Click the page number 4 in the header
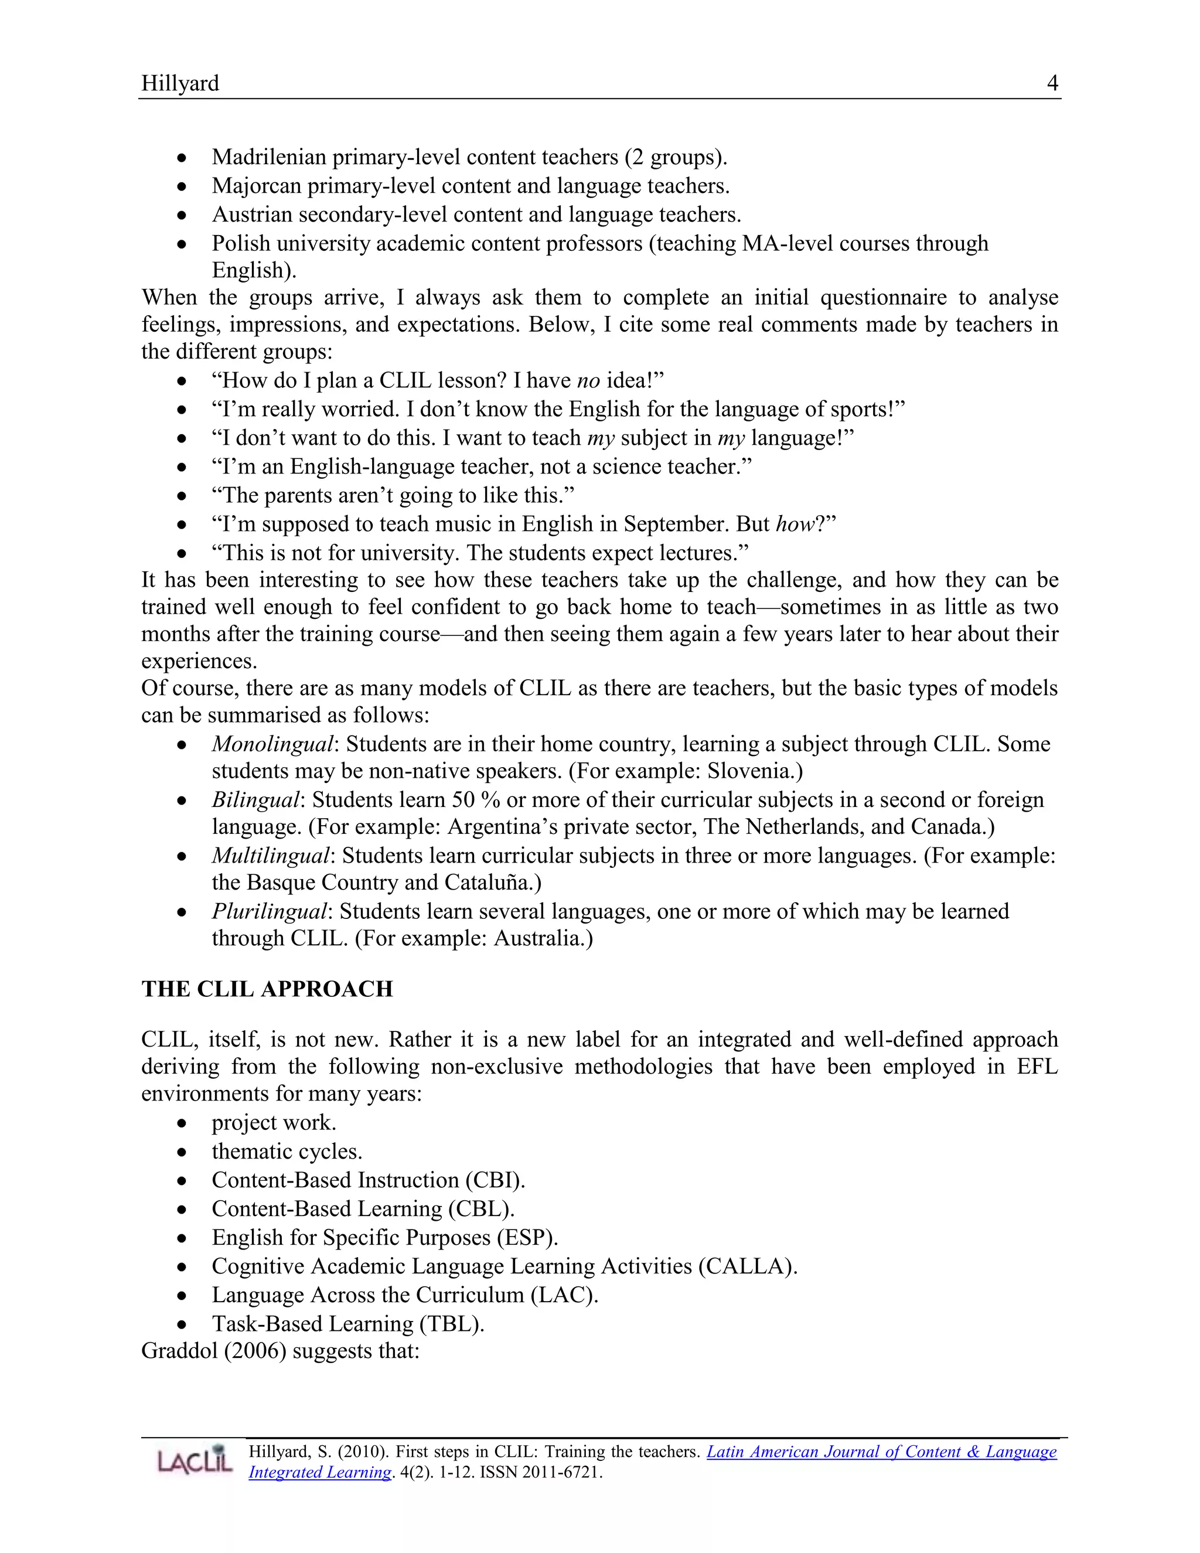(1052, 83)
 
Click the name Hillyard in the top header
(180, 83)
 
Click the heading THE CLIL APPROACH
(267, 989)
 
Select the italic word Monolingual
(272, 744)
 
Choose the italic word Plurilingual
(270, 912)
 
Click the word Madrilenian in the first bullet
(269, 157)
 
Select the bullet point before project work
(183, 1123)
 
